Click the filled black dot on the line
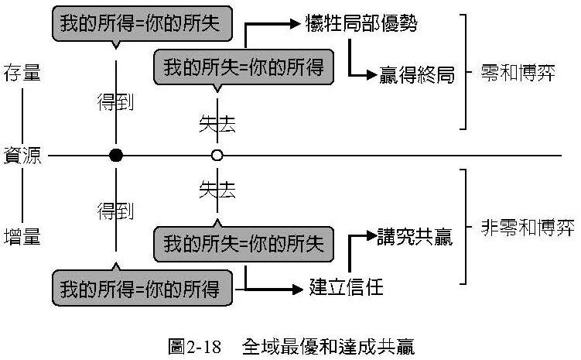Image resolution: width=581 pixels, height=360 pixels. tap(116, 156)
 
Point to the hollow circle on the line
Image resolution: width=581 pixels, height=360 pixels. tap(217, 156)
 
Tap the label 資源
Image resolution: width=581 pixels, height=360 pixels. tap(21, 155)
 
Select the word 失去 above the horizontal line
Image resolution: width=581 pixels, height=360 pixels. tap(217, 122)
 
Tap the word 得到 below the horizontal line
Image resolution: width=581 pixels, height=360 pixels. tap(117, 211)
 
